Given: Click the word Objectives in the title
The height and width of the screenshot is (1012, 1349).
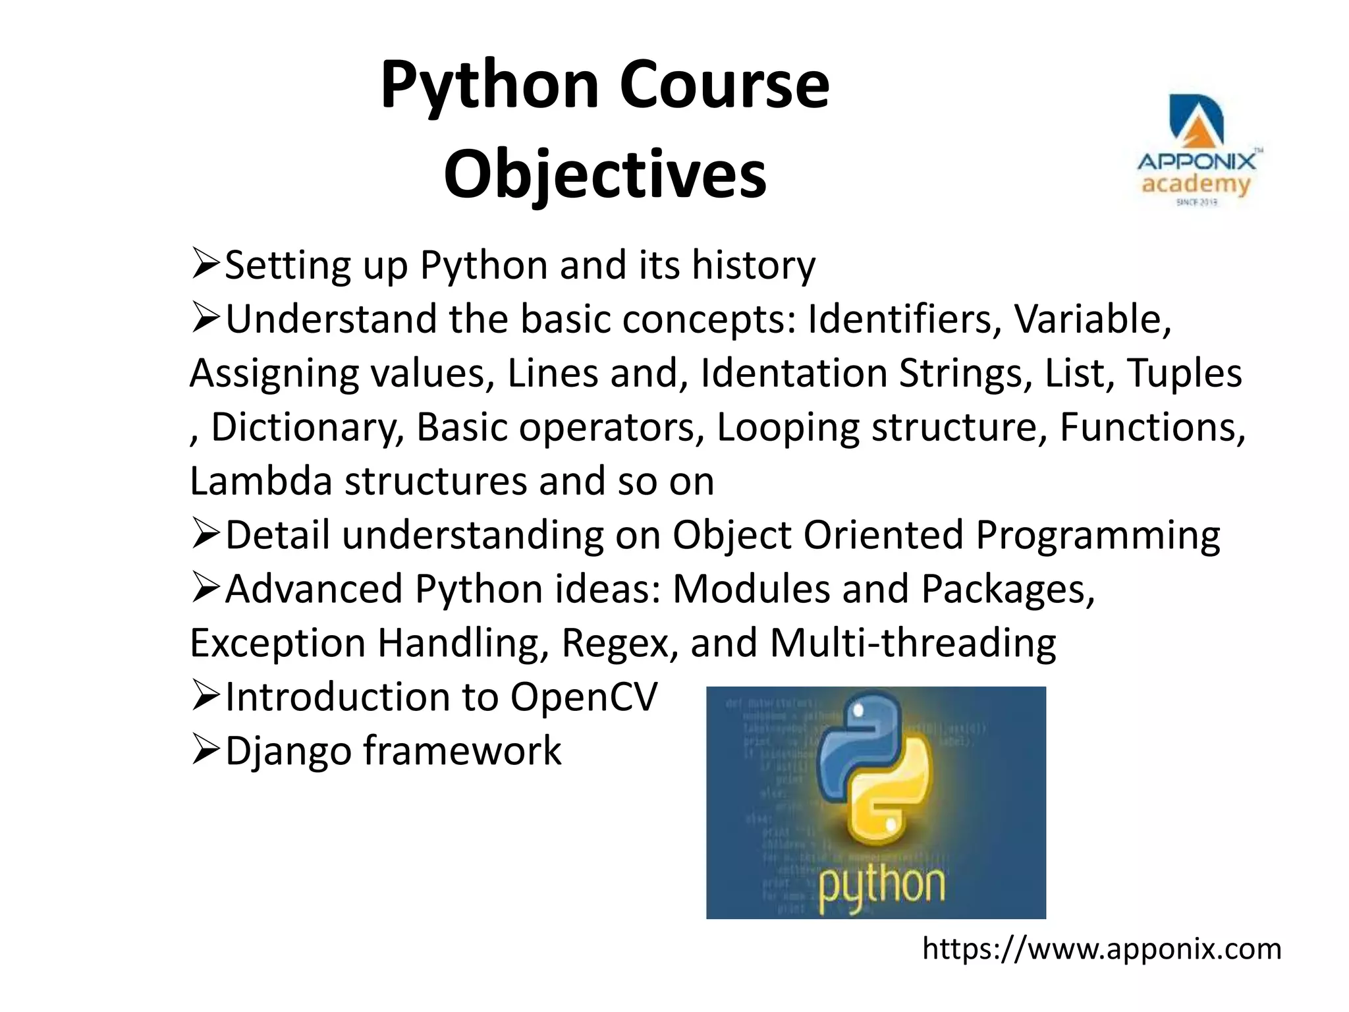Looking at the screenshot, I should point(605,175).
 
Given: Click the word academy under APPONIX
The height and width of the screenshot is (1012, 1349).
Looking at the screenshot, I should point(1196,184).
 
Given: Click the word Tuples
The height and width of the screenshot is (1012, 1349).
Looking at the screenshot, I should point(1184,374).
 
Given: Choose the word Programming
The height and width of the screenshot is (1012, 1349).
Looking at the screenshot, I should point(1097,535).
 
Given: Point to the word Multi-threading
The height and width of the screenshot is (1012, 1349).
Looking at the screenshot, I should point(912,643).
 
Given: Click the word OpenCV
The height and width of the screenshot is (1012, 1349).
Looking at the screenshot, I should point(584,697).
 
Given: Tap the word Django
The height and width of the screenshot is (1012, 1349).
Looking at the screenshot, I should point(289,751).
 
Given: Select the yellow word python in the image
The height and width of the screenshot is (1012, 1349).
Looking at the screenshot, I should point(881,886).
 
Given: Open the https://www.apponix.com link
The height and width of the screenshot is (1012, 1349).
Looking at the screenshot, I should point(1101,949).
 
